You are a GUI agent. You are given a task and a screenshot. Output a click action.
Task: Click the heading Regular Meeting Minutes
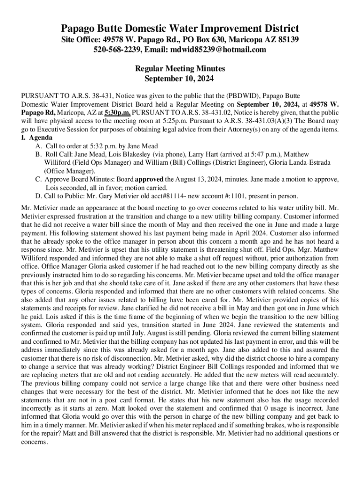(180, 68)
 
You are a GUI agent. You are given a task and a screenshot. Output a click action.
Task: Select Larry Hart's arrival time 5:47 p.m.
(244, 154)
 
